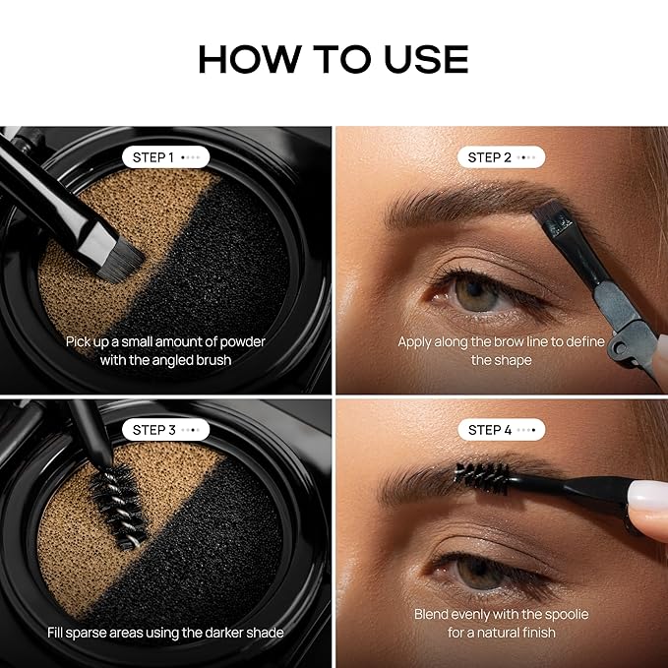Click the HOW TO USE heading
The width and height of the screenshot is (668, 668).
click(x=334, y=59)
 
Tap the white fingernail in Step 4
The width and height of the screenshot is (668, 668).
click(x=644, y=495)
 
